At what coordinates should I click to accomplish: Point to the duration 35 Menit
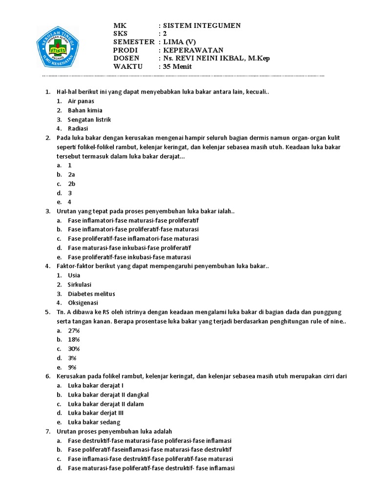[x=178, y=66]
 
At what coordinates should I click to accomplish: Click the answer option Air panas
[x=81, y=101]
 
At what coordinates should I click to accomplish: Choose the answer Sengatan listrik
[x=89, y=119]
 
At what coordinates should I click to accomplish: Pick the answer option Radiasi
[x=78, y=128]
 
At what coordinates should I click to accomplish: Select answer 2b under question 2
[x=72, y=184]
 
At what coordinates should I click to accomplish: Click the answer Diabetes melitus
[x=92, y=293]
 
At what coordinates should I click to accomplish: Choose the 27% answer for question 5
[x=74, y=331]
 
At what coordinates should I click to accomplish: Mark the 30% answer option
[x=74, y=349]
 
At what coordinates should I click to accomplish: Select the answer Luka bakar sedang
[x=94, y=422]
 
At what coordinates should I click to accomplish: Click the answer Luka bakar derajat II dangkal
[x=108, y=395]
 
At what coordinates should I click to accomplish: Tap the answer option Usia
[x=74, y=275]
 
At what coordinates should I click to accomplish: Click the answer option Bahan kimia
[x=85, y=110]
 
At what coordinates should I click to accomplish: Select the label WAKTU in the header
[x=128, y=66]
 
